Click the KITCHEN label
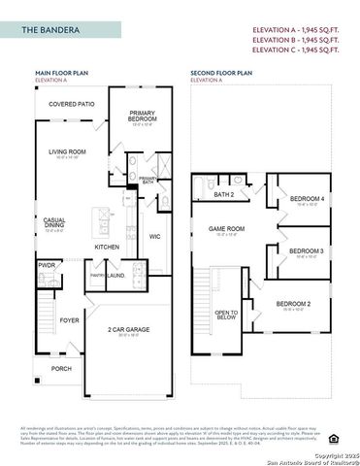click(107, 247)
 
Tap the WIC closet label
click(155, 236)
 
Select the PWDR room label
click(47, 264)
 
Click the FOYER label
click(70, 319)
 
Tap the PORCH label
click(61, 369)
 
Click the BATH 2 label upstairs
click(224, 194)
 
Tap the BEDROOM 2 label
click(293, 305)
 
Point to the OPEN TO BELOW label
click(226, 315)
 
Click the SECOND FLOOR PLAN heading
click(221, 73)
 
